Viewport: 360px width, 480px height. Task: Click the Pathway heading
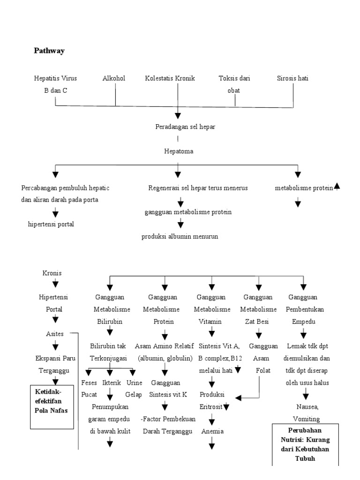tap(49, 51)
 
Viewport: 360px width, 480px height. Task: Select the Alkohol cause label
tap(114, 78)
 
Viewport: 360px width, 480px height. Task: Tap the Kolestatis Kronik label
tap(170, 78)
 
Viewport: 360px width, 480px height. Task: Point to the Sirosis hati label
tap(292, 78)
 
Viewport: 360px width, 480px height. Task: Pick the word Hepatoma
tap(179, 151)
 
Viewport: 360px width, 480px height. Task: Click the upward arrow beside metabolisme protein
tap(337, 187)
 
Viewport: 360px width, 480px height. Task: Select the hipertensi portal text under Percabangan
tap(51, 224)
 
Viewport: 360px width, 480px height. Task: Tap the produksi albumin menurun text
tap(180, 236)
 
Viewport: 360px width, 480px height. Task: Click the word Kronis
tap(52, 273)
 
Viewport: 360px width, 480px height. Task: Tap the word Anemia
tap(212, 431)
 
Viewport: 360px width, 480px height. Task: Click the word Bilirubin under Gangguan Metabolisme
tap(110, 322)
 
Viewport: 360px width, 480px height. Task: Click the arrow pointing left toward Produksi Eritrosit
tap(238, 398)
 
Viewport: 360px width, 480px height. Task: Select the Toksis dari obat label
tap(234, 84)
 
